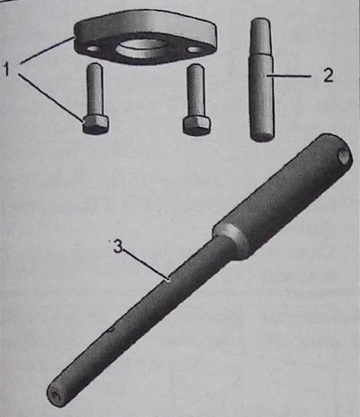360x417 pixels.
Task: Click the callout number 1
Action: pyautogui.click(x=8, y=70)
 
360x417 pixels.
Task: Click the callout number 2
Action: pyautogui.click(x=328, y=76)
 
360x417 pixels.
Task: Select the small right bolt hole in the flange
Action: pyautogui.click(x=194, y=50)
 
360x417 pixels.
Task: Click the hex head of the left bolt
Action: pyautogui.click(x=95, y=124)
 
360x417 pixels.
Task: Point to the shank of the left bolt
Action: pyautogui.click(x=94, y=90)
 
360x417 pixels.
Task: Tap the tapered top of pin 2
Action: pyautogui.click(x=260, y=39)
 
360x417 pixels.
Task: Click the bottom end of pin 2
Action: pyautogui.click(x=262, y=136)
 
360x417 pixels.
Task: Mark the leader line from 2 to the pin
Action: pyautogui.click(x=289, y=77)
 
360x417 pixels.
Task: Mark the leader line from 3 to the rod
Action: pyautogui.click(x=146, y=264)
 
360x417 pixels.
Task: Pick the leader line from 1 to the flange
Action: pyautogui.click(x=47, y=50)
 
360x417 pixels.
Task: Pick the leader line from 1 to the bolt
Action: pyautogui.click(x=50, y=96)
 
